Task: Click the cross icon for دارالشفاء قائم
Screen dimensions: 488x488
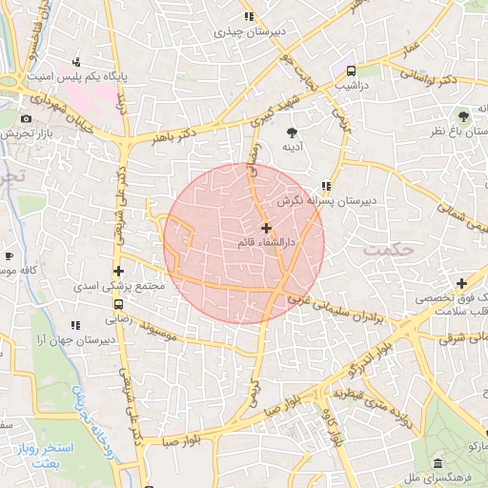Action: (266, 228)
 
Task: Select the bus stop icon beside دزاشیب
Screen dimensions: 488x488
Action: (352, 71)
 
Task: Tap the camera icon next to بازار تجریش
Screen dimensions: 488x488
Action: (25, 119)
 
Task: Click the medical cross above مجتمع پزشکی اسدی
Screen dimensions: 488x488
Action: (117, 271)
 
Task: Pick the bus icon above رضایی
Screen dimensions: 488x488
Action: (119, 306)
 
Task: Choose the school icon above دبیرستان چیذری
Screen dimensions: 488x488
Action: (248, 16)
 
